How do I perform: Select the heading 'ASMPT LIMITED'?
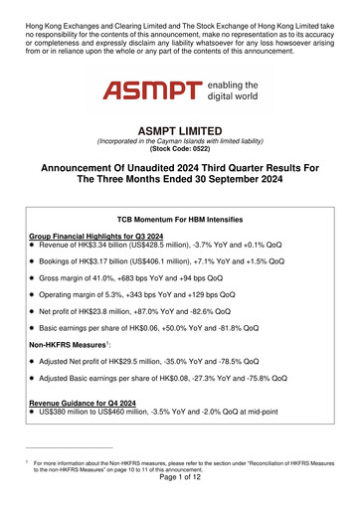[x=179, y=130]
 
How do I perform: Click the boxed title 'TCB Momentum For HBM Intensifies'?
[x=179, y=216]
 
